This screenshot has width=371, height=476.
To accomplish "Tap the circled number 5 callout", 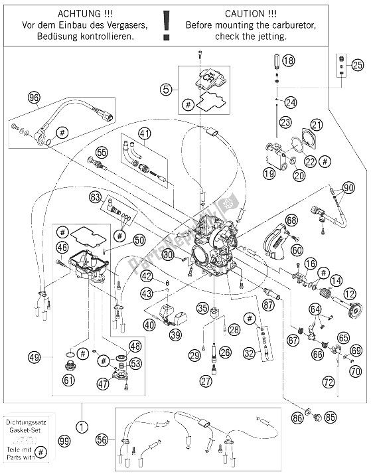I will click(x=167, y=86).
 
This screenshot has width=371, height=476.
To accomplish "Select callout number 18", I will click(x=287, y=61).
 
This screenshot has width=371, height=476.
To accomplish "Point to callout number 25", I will click(x=357, y=65).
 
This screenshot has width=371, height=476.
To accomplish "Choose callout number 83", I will click(x=96, y=197).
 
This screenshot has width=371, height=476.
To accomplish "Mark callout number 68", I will click(x=291, y=220).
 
